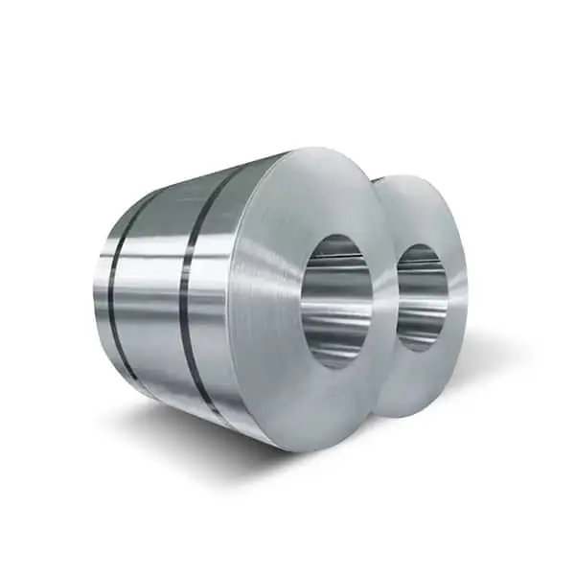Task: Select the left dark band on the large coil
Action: [114, 287]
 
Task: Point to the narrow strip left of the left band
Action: [103, 287]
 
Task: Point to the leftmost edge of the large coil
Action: [98, 287]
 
